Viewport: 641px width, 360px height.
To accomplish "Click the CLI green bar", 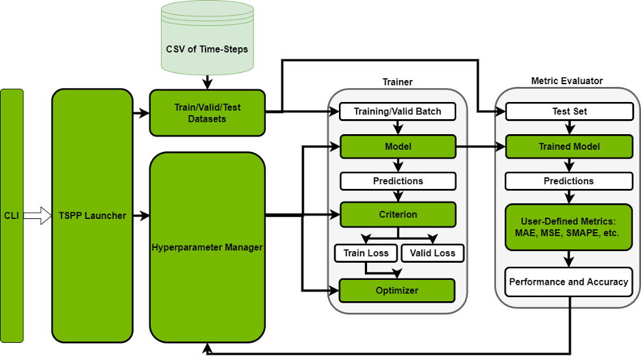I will pyautogui.click(x=12, y=216).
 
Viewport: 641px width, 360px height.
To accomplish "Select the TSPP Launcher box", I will pyautogui.click(x=92, y=216).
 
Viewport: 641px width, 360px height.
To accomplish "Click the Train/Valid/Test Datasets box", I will pyautogui.click(x=207, y=112).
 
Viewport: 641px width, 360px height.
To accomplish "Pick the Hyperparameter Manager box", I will pyautogui.click(x=207, y=247).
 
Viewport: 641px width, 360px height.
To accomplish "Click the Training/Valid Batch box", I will pyautogui.click(x=398, y=111).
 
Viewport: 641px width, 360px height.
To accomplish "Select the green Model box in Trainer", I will pyautogui.click(x=398, y=146).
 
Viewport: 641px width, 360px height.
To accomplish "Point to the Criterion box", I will pyautogui.click(x=398, y=214).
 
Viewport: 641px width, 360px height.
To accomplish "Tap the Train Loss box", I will pyautogui.click(x=366, y=253).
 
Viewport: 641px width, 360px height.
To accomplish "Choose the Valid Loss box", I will pyautogui.click(x=432, y=253).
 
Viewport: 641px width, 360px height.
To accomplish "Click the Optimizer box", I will pyautogui.click(x=398, y=290).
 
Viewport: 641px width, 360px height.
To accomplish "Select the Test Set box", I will pyautogui.click(x=569, y=111).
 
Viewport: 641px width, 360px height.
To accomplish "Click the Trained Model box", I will pyautogui.click(x=569, y=146).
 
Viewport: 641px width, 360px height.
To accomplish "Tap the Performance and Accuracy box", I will pyautogui.click(x=569, y=282).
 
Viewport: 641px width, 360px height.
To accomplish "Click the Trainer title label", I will pyautogui.click(x=397, y=82).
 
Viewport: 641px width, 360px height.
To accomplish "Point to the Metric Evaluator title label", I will pyautogui.click(x=567, y=81).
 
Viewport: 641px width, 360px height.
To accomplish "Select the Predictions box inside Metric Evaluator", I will pyautogui.click(x=569, y=181).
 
